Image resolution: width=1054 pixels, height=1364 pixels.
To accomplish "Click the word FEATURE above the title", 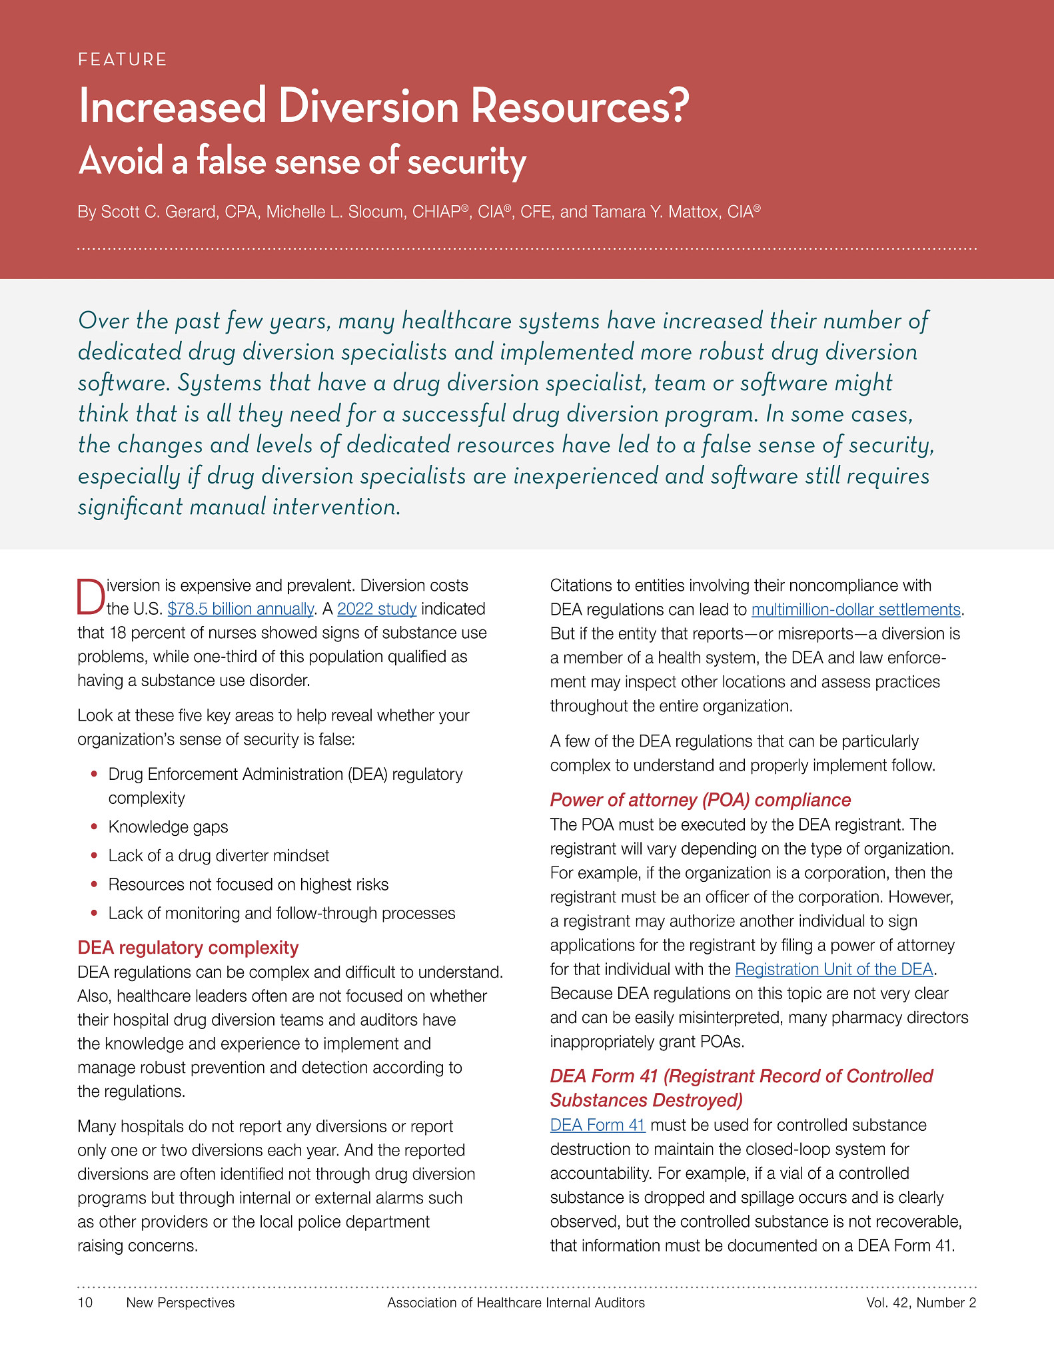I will coord(122,60).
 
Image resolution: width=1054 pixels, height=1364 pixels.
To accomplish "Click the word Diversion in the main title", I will coord(368,107).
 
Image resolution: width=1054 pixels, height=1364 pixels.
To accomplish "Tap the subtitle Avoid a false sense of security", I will coord(302,162).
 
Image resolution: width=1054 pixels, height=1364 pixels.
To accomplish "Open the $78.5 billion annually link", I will coord(240,609).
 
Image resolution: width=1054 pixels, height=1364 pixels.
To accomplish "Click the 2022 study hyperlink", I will coord(376,609).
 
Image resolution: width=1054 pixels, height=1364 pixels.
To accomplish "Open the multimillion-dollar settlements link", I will coord(855,610).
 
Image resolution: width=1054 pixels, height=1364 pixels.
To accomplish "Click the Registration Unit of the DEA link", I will coord(833,970).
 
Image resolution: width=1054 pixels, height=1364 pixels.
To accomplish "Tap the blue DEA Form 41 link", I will coord(597,1126).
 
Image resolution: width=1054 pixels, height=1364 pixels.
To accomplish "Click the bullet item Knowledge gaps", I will coord(168,827).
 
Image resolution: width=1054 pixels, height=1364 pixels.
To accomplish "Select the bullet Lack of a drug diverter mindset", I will coord(219,856).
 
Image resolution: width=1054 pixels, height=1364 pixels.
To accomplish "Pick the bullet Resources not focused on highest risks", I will coord(248,885).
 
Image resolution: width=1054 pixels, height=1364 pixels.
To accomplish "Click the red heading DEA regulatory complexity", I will coord(188,948).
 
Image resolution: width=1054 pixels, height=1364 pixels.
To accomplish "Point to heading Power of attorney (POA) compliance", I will coord(700,801).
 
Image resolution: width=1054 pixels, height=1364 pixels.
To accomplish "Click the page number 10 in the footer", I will coord(85,1303).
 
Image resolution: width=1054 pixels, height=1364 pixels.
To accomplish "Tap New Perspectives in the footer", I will coord(180,1303).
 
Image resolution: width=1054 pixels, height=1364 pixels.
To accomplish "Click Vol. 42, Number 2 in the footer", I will coord(921,1303).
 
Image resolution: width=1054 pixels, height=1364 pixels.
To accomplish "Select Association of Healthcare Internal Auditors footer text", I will coord(516,1303).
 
